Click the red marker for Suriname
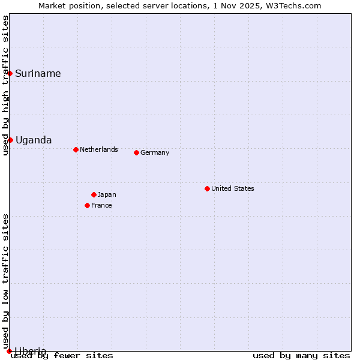10,73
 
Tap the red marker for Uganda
10,140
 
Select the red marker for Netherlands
76,149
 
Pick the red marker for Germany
136,152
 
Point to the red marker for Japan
94,194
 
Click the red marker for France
87,205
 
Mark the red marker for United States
207,188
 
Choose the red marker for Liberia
9,351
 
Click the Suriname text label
38,74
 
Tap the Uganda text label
34,140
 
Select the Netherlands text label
99,149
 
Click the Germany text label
155,152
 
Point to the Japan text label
107,194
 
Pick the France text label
101,205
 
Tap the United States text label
233,188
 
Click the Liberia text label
31,350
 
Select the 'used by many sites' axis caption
301,356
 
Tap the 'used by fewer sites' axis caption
62,356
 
